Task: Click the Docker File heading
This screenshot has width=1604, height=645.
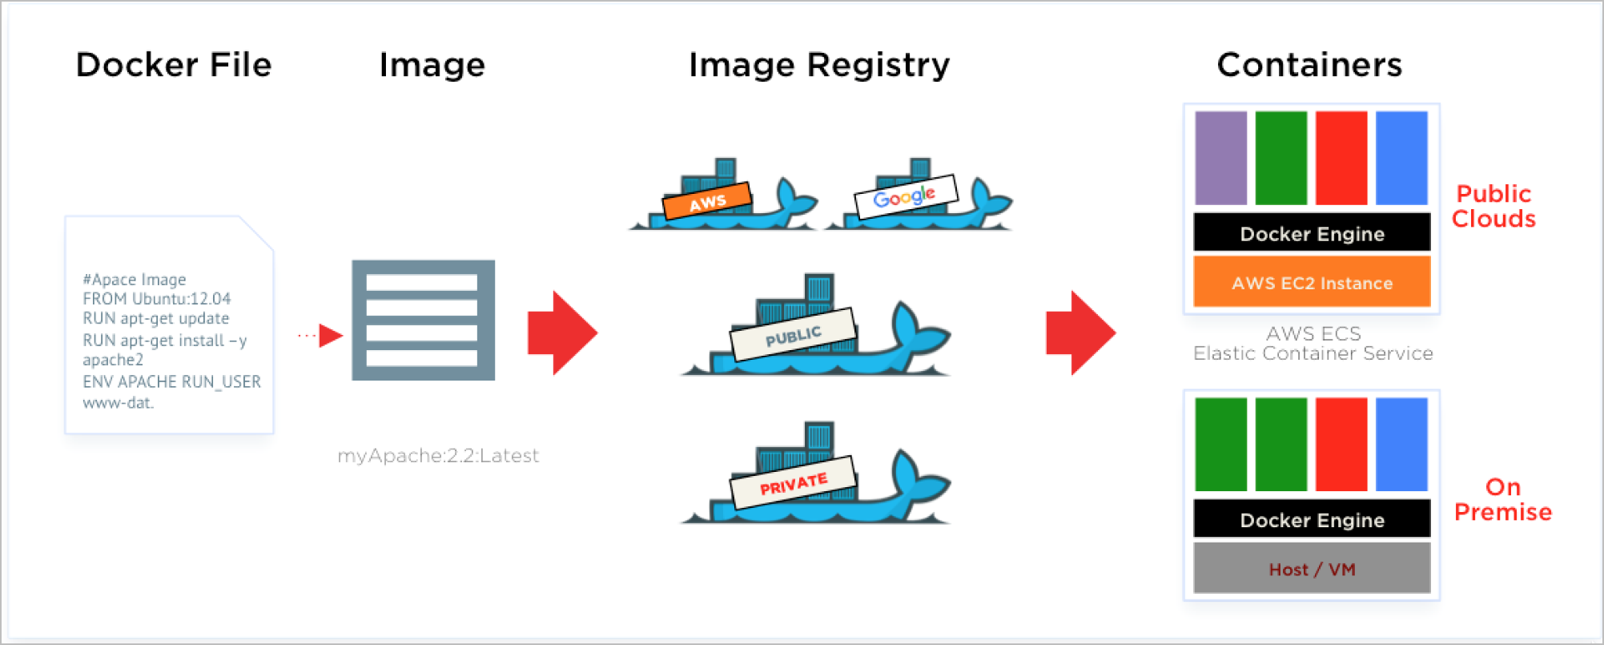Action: click(174, 65)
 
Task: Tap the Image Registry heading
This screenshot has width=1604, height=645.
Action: click(819, 65)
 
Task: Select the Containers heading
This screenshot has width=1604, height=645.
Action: click(1309, 65)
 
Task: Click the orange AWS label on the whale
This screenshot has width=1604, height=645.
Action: click(707, 201)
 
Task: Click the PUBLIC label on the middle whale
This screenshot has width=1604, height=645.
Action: click(793, 335)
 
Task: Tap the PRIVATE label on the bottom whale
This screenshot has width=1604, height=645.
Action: click(793, 483)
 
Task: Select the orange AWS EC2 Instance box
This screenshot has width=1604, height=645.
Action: click(1312, 282)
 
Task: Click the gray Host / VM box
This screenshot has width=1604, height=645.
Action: click(1312, 569)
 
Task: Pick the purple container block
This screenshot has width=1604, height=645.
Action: click(1220, 158)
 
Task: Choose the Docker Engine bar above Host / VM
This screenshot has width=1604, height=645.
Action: click(1312, 519)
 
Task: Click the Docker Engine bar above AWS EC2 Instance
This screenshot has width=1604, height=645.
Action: click(1312, 233)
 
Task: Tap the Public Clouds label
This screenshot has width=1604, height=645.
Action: click(1493, 206)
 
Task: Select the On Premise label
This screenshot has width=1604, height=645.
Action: click(1502, 499)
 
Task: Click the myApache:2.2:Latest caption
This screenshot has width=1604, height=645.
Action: click(438, 456)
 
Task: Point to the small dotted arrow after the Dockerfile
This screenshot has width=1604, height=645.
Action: click(321, 335)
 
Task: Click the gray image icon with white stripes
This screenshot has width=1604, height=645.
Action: click(423, 320)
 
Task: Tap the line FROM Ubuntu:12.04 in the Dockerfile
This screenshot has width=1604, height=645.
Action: click(157, 299)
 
